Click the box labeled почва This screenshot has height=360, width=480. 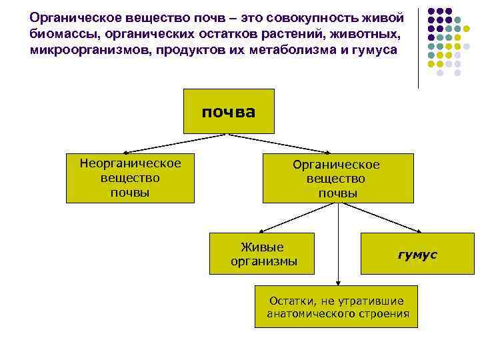[229, 111]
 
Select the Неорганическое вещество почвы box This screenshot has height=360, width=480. [130, 178]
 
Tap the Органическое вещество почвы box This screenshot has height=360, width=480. [337, 179]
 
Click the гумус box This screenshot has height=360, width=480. [417, 254]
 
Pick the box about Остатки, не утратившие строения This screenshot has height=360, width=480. [337, 307]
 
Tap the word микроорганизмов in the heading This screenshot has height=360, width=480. [87, 50]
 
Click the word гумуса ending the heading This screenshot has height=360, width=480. [373, 50]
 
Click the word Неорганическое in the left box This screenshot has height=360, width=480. [130, 164]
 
